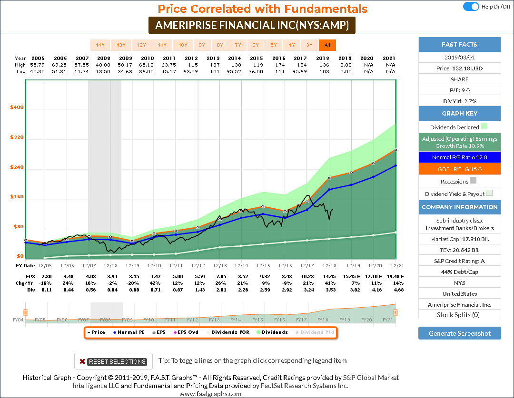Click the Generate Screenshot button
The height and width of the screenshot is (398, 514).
point(459,333)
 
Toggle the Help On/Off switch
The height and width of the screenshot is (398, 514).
point(471,7)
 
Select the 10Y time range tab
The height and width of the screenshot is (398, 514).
point(183,45)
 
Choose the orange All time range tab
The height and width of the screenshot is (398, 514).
point(327,45)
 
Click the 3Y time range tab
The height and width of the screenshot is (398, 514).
point(309,45)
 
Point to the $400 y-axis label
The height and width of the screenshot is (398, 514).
point(17,107)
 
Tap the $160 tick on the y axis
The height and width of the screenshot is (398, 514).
point(17,197)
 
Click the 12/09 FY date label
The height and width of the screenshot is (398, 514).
point(132,265)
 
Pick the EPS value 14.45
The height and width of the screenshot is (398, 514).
point(330,276)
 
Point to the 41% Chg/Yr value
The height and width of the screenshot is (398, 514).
point(330,283)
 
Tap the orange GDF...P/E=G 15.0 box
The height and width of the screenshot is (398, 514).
point(459,169)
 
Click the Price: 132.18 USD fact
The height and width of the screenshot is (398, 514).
point(459,68)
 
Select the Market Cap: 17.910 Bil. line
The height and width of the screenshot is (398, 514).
point(459,239)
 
